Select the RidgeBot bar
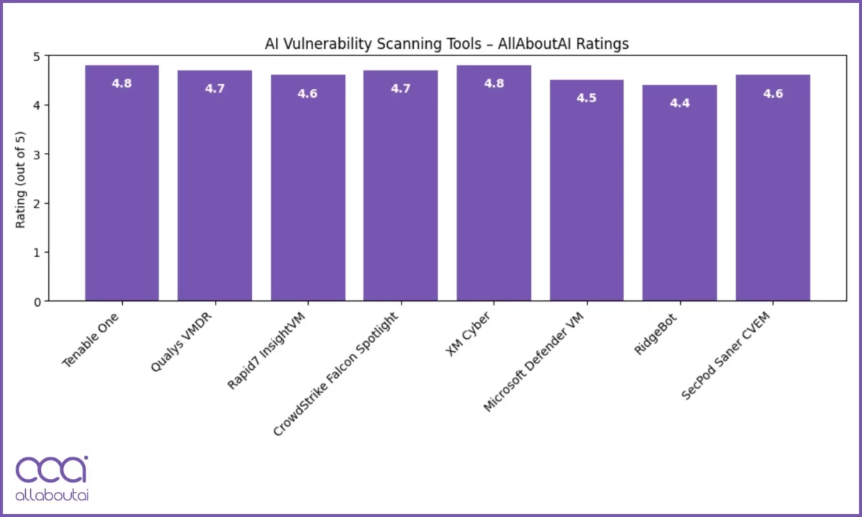click(x=680, y=193)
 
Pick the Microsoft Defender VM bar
click(x=586, y=190)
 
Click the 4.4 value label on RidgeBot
click(x=680, y=103)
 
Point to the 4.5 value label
click(x=586, y=98)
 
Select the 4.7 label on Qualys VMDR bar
click(x=215, y=89)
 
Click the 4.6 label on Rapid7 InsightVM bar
click(x=307, y=94)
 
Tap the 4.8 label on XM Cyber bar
click(x=493, y=83)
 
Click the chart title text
click(x=447, y=45)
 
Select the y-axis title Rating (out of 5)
click(x=22, y=180)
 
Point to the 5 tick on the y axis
click(x=37, y=56)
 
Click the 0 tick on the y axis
click(x=37, y=302)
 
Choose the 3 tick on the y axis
click(x=37, y=154)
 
